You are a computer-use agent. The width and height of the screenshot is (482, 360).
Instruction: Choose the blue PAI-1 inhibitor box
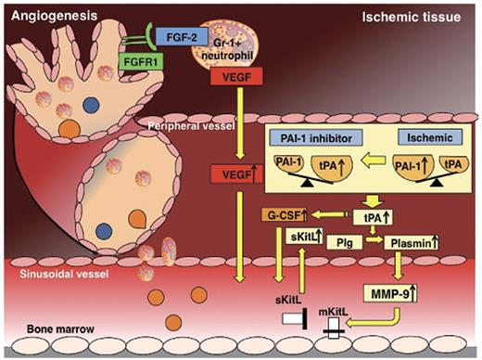pyautogui.click(x=311, y=138)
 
